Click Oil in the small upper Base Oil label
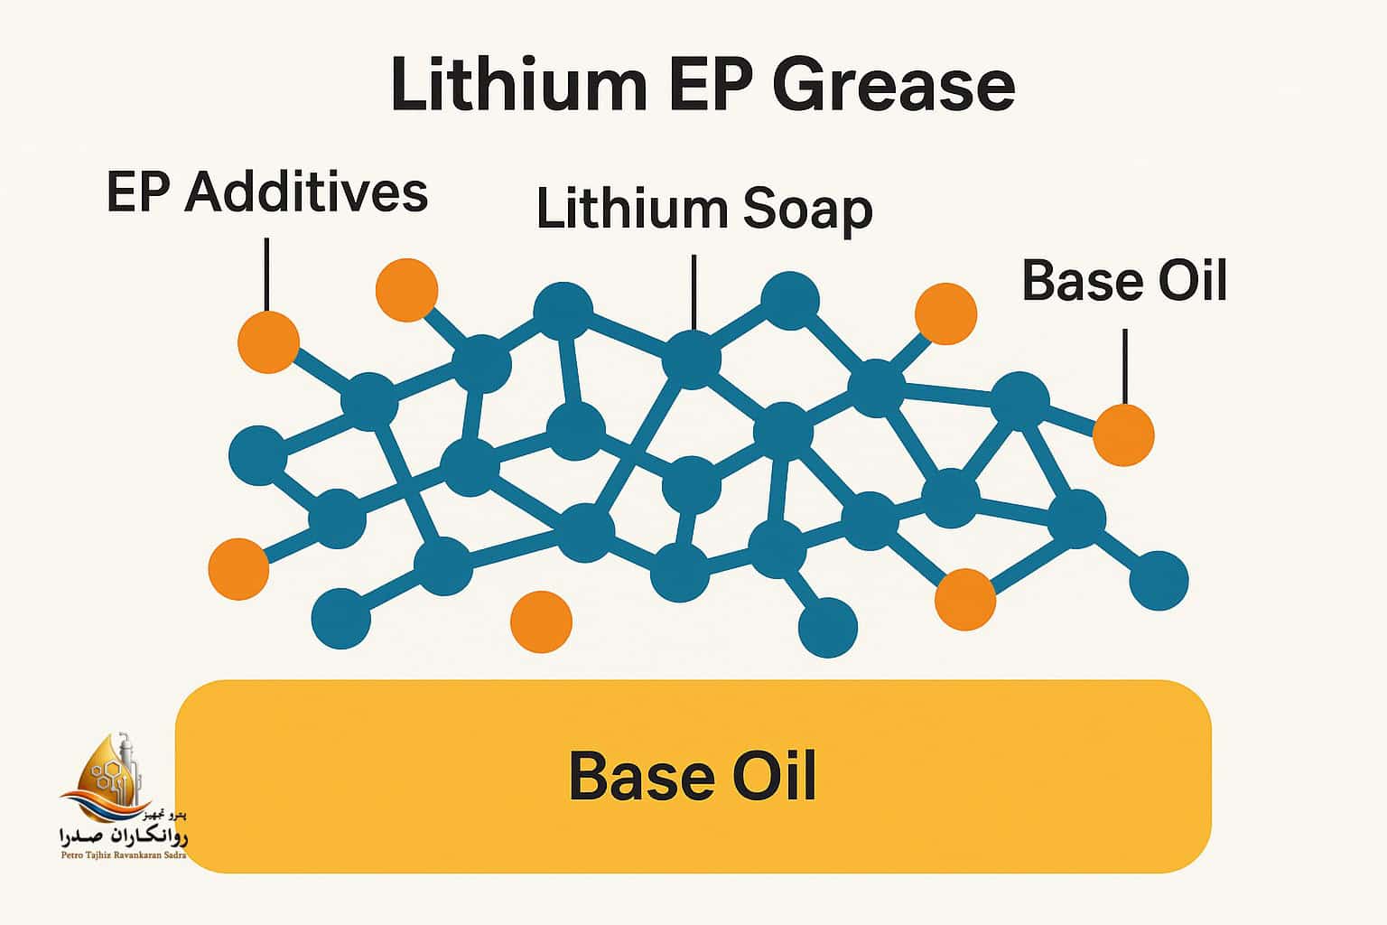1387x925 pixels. click(x=1193, y=280)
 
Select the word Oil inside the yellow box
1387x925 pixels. click(x=773, y=776)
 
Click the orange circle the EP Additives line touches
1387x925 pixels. click(x=268, y=342)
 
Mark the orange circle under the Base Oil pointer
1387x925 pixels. click(x=1123, y=435)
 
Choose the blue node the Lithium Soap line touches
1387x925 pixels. click(x=693, y=359)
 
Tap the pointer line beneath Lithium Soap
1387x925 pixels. click(x=693, y=292)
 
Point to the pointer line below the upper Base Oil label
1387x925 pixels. click(x=1124, y=366)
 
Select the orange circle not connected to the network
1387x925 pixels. click(x=541, y=621)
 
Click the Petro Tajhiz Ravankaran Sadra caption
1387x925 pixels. click(x=122, y=855)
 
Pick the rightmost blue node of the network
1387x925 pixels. click(x=1159, y=581)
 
